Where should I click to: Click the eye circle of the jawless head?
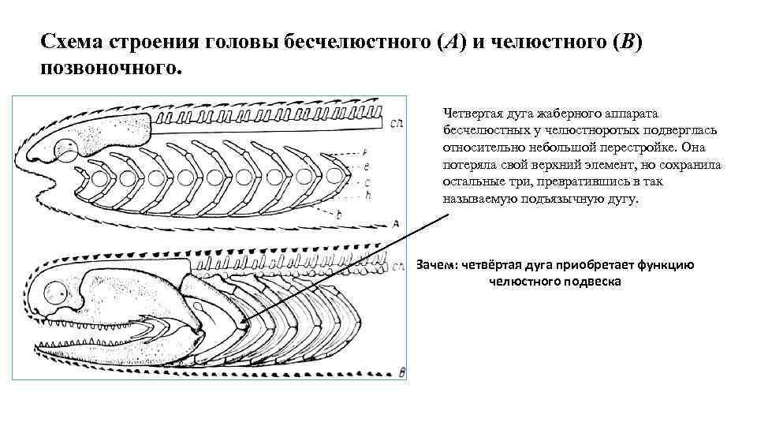coord(68,150)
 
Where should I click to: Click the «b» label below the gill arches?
coord(338,215)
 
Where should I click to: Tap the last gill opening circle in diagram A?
coord(334,176)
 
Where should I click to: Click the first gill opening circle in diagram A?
coord(99,177)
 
